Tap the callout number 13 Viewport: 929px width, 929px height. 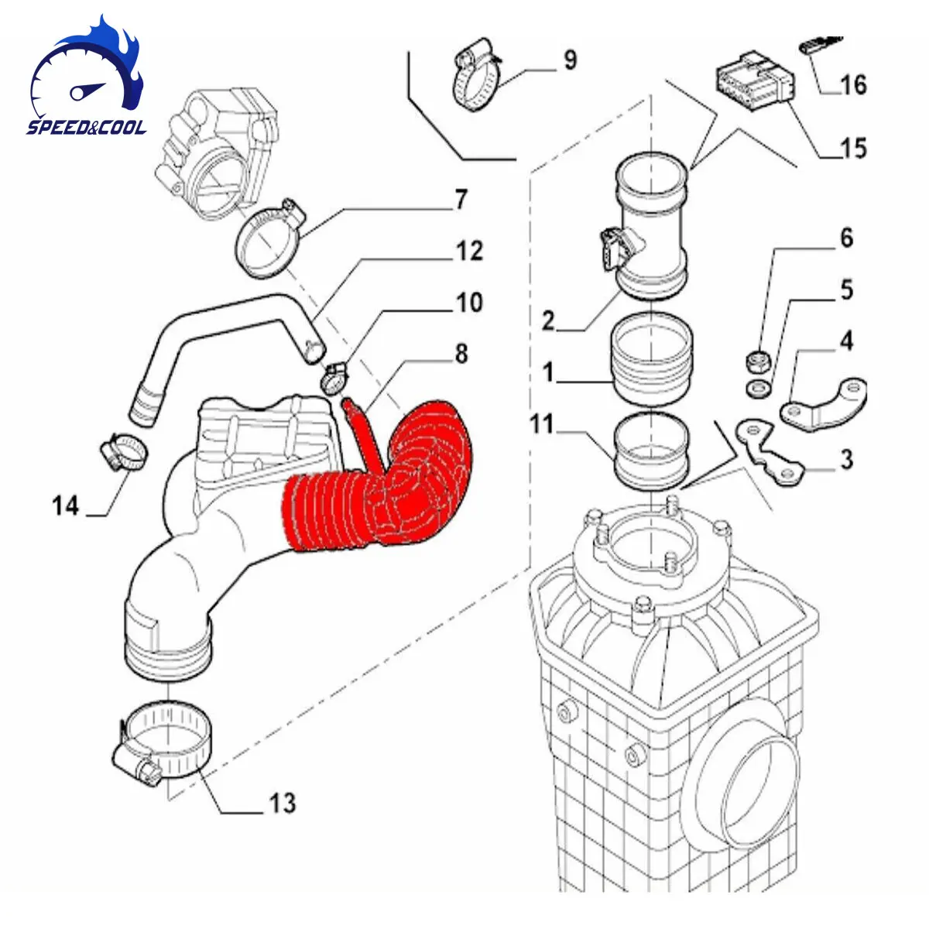282,803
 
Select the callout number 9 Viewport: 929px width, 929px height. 570,60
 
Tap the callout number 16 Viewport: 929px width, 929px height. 853,84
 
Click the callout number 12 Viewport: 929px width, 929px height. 469,251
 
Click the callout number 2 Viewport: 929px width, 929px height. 548,320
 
